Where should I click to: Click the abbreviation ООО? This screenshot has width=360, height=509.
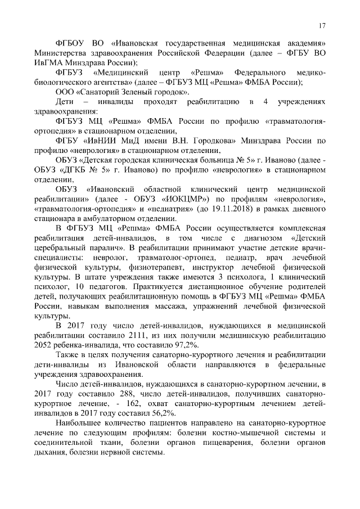tap(66, 92)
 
